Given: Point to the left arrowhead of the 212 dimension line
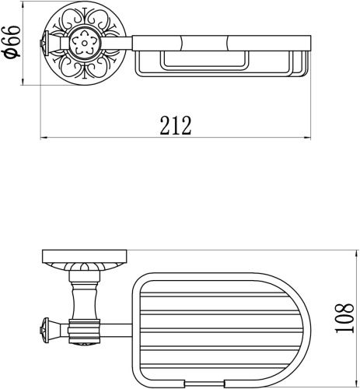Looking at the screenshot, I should point(43,139).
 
